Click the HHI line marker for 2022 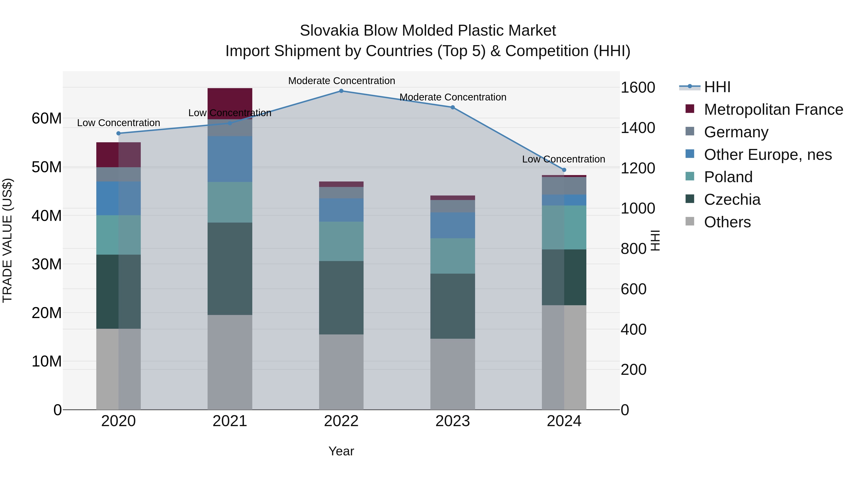tap(341, 91)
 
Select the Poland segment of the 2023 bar tap(452, 256)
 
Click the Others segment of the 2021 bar tap(230, 362)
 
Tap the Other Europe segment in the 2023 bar tap(452, 225)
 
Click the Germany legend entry tap(736, 132)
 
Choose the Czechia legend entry tap(732, 200)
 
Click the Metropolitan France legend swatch tap(690, 109)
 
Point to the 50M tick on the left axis tap(47, 167)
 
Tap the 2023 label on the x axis tap(452, 421)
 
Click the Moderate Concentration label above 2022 tap(341, 81)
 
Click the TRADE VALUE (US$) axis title tap(7, 240)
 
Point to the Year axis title tap(341, 451)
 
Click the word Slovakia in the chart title tap(329, 31)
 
